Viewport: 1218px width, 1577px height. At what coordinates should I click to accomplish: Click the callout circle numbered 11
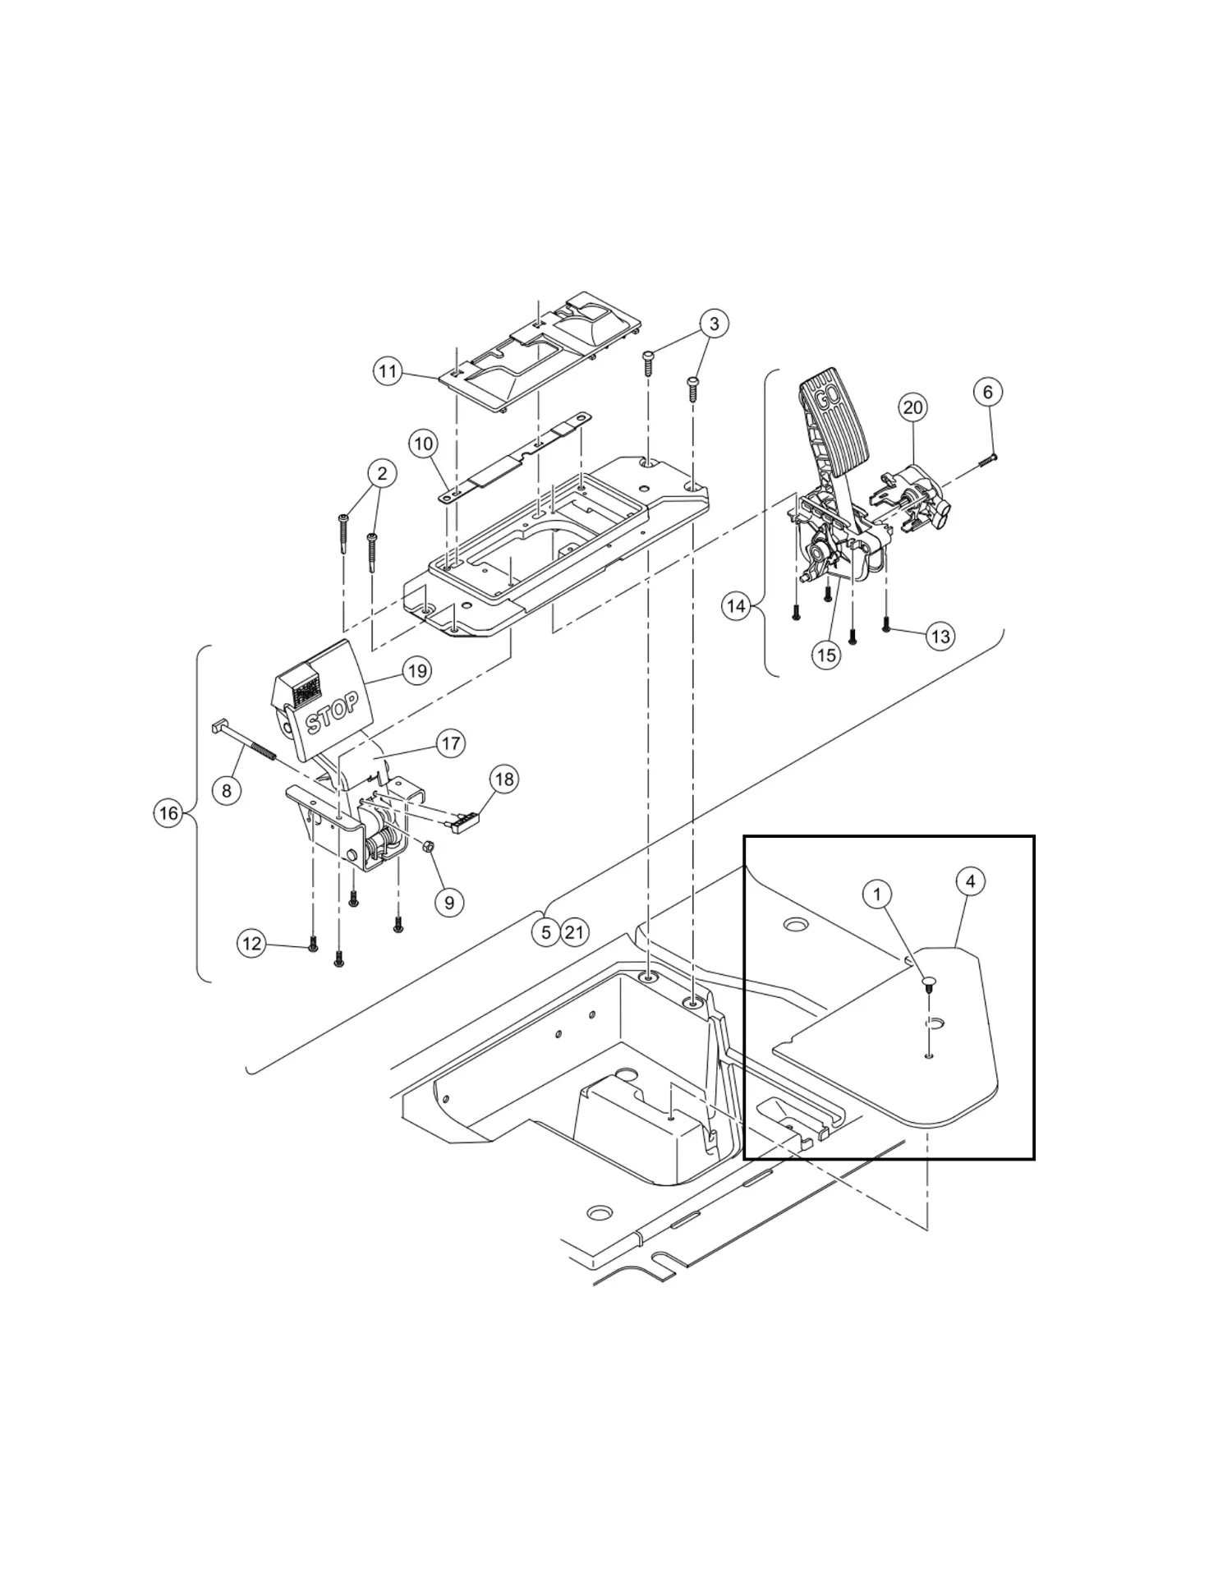pos(387,371)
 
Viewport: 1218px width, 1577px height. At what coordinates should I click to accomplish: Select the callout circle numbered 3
pos(714,324)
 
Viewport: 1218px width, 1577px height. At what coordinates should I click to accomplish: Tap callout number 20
pos(913,407)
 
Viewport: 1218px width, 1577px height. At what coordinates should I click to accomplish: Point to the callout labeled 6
pos(987,392)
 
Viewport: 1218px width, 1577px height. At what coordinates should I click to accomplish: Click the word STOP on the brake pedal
pos(332,712)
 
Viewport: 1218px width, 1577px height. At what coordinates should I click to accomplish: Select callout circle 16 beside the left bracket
pos(168,813)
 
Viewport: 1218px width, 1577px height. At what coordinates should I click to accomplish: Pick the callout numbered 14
pos(737,606)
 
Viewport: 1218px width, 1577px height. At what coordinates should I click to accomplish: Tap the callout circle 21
pos(575,932)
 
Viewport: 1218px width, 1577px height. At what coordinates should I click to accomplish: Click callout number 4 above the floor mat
pos(971,881)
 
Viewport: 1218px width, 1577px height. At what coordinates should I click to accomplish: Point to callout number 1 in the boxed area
pos(877,893)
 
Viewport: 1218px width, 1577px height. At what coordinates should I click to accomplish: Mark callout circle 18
pos(504,779)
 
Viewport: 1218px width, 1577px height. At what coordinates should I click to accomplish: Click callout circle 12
pos(252,943)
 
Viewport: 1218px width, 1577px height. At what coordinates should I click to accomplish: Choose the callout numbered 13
pos(940,636)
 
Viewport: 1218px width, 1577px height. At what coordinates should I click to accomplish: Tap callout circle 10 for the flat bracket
pos(424,444)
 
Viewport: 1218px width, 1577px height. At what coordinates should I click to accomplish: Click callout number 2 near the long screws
pos(381,473)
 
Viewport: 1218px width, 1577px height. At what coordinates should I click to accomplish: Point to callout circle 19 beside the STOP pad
pos(417,671)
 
